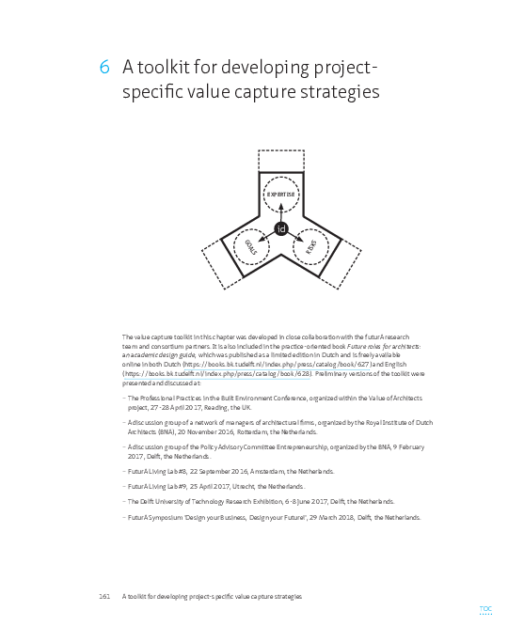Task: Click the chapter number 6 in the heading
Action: (104, 69)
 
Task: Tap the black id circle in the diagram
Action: (280, 229)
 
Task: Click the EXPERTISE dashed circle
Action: (280, 194)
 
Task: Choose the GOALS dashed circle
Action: (250, 246)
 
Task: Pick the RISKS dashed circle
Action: (311, 246)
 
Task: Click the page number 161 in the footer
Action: (105, 597)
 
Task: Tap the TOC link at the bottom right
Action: (485, 609)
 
